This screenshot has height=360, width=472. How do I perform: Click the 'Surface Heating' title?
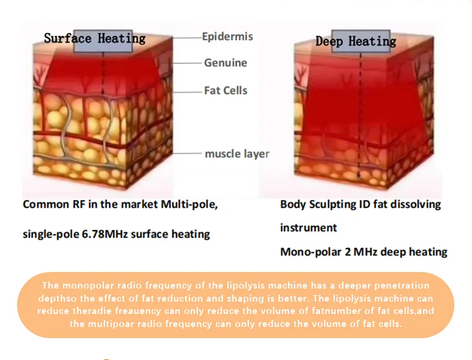[94, 39]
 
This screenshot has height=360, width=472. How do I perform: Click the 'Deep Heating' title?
[356, 41]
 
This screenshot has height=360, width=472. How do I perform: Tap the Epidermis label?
[227, 37]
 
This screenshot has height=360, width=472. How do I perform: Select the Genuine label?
[225, 63]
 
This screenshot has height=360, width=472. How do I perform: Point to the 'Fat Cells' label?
[226, 90]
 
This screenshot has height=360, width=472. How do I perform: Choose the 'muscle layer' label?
[237, 153]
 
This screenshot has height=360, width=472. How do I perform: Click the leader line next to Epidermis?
[186, 38]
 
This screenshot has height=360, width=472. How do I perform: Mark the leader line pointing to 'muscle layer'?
[186, 153]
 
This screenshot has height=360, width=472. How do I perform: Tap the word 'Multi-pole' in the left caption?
[189, 204]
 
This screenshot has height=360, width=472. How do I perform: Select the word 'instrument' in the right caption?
[308, 228]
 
